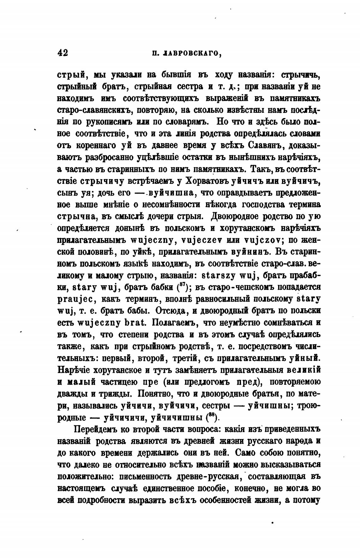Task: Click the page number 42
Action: tap(63, 53)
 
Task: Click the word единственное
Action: tap(169, 488)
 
